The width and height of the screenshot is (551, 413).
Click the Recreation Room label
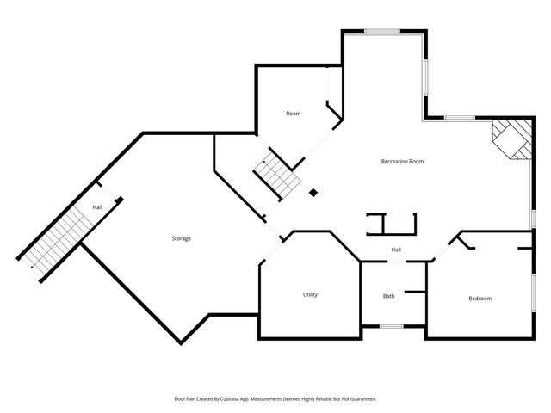pyautogui.click(x=402, y=161)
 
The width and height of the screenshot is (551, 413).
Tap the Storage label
pyautogui.click(x=181, y=238)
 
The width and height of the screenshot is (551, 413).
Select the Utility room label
pyautogui.click(x=310, y=294)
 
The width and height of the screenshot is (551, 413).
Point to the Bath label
pyautogui.click(x=389, y=296)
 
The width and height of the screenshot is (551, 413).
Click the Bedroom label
pyautogui.click(x=480, y=299)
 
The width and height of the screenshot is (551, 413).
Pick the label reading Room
pyautogui.click(x=294, y=114)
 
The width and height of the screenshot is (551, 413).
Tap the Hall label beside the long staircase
pyautogui.click(x=98, y=206)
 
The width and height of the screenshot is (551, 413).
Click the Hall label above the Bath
pyautogui.click(x=396, y=250)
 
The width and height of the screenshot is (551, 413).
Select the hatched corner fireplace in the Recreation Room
pyautogui.click(x=511, y=138)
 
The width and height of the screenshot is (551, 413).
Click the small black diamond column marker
pyautogui.click(x=313, y=193)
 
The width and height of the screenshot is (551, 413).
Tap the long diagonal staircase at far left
pyautogui.click(x=56, y=237)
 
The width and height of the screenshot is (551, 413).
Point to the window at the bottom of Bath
pyautogui.click(x=392, y=326)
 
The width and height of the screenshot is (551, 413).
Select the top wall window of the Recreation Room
pyautogui.click(x=381, y=32)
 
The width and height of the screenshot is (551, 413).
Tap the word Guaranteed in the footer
pyautogui.click(x=359, y=399)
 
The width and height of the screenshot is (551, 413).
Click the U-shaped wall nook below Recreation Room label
pyautogui.click(x=392, y=224)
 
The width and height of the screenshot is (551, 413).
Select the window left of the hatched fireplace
pyautogui.click(x=460, y=117)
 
